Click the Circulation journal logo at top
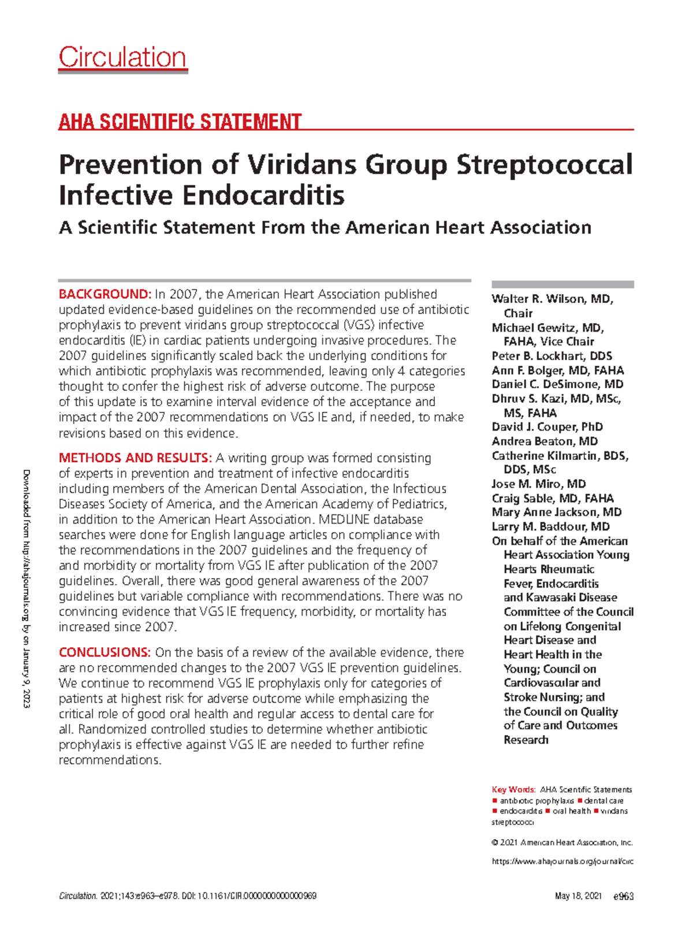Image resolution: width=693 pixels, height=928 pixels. tap(122, 58)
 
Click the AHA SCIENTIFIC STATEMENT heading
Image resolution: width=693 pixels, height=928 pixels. tap(180, 122)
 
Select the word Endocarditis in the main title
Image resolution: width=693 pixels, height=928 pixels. tap(264, 195)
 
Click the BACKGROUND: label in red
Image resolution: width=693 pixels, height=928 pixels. tap(105, 294)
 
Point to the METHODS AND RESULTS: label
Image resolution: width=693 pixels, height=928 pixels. tap(135, 458)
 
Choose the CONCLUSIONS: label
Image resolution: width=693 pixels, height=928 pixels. tap(105, 652)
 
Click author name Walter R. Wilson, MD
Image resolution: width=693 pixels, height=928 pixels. tap(552, 299)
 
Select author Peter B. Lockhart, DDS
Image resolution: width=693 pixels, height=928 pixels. tap(552, 356)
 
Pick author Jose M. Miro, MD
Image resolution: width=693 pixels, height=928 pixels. tap(538, 484)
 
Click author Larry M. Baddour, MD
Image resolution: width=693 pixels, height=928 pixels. tap(550, 526)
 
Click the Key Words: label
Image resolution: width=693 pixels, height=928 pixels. tap(513, 789)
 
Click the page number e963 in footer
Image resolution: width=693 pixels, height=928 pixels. tap(623, 896)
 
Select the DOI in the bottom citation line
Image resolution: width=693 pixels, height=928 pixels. tap(249, 896)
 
